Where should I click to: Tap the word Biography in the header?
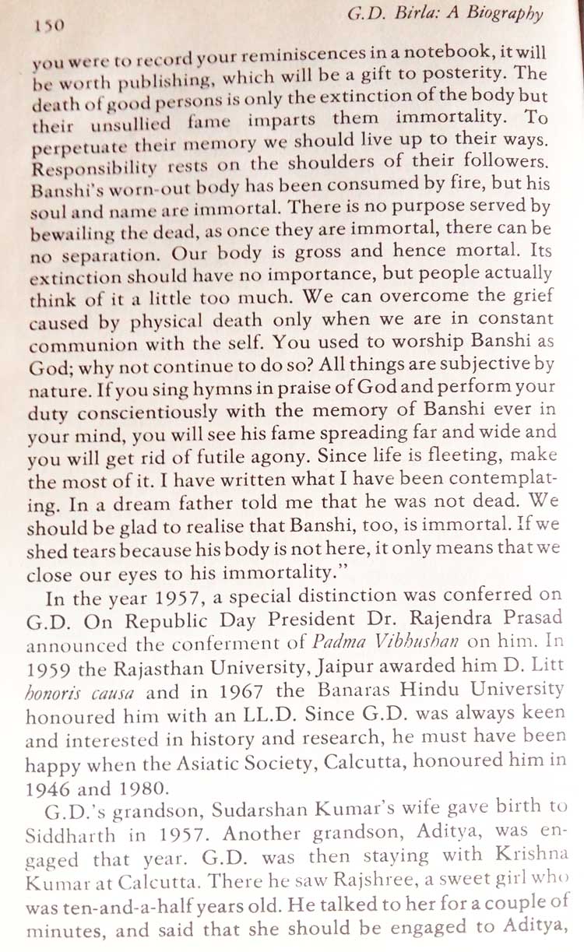click(x=505, y=14)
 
